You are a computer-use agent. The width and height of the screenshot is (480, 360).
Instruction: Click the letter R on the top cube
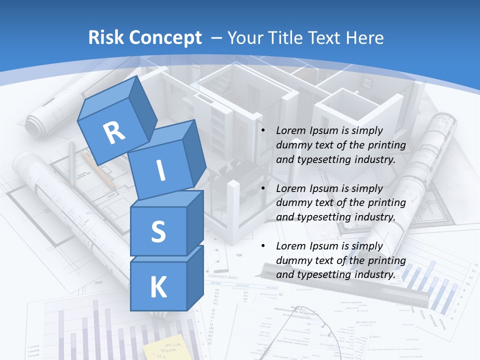[x=114, y=133]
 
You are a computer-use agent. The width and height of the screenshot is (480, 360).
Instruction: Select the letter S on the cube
[x=158, y=231]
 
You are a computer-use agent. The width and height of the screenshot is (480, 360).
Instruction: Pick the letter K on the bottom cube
[x=158, y=287]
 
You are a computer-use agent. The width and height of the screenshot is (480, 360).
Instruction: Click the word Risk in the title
[x=106, y=38]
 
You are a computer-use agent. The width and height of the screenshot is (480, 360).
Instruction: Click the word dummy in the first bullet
[x=293, y=145]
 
